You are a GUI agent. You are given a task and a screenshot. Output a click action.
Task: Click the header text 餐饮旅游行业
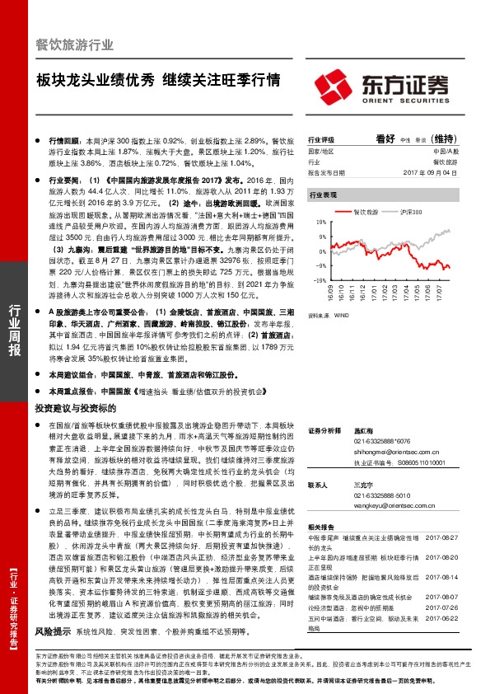click(x=75, y=45)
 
